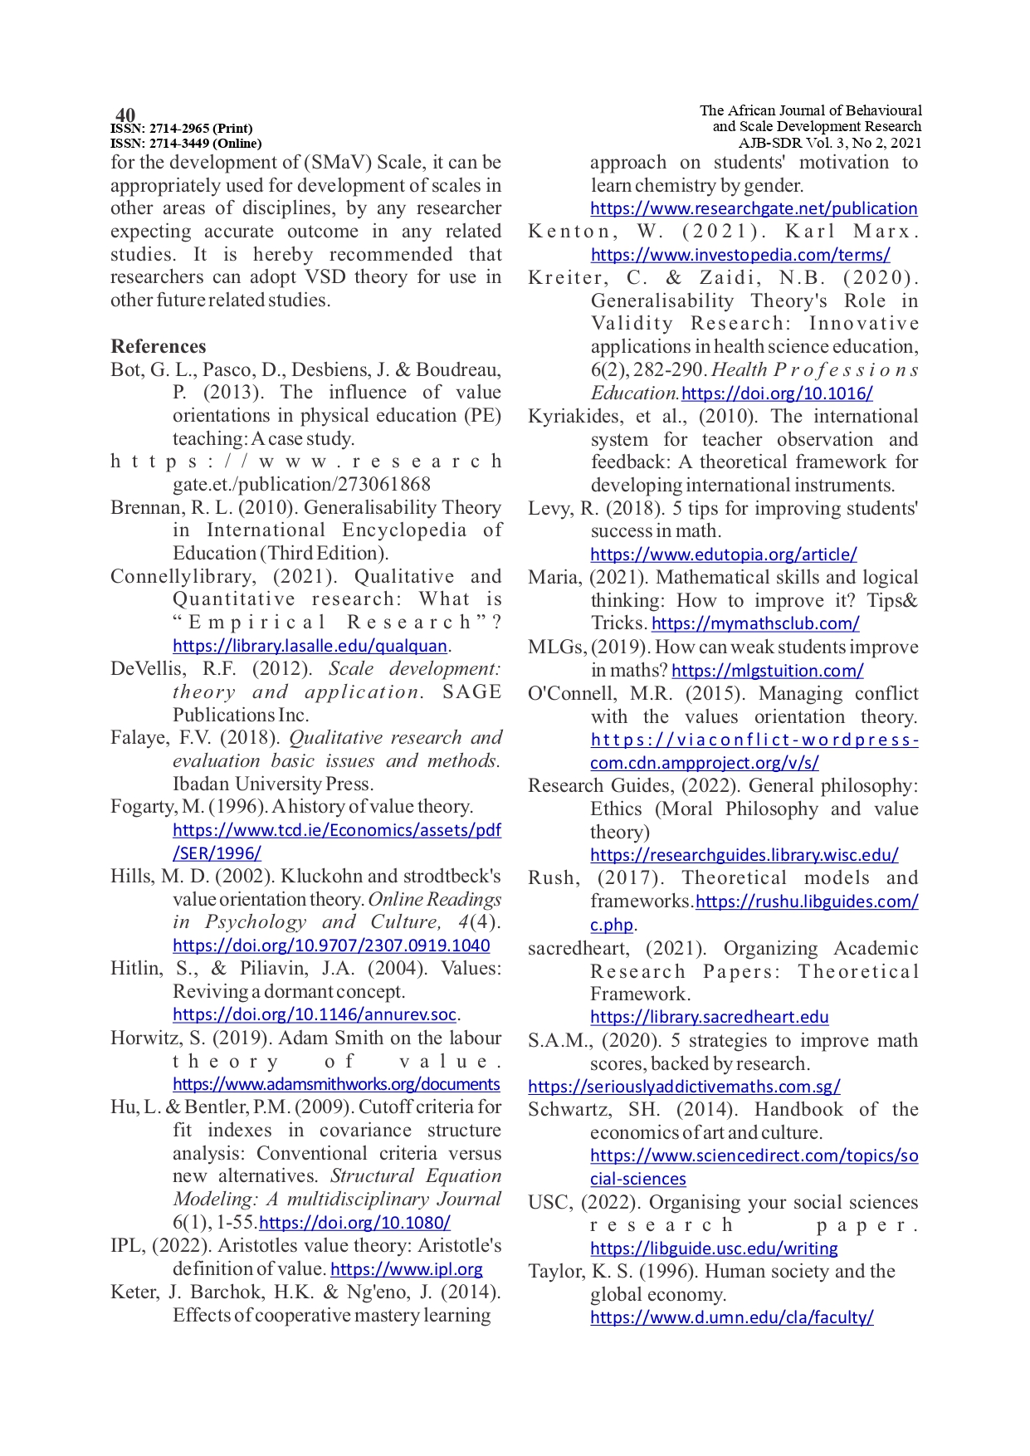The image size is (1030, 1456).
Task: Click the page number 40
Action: point(125,115)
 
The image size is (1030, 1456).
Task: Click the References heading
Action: point(158,346)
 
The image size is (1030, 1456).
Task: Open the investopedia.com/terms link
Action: point(740,255)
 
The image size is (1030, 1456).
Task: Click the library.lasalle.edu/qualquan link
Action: point(310,646)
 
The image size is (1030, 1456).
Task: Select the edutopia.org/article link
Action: point(724,554)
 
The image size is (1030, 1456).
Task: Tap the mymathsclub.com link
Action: point(755,623)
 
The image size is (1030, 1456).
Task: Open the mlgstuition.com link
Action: point(768,670)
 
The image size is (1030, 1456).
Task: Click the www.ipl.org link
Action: point(406,1269)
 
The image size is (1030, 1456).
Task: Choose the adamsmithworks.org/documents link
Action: point(336,1084)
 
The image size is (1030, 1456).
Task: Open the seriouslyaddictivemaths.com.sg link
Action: point(684,1086)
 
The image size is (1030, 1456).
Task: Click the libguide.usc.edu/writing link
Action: point(714,1248)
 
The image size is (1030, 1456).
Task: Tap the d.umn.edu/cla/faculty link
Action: point(732,1317)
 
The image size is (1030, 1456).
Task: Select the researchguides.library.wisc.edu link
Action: point(744,854)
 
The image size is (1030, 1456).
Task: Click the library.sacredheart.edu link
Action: point(710,1017)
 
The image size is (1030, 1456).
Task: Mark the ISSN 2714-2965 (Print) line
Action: point(182,129)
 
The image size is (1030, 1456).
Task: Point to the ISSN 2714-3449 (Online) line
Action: point(186,144)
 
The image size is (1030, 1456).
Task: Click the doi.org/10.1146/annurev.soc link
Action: point(315,1014)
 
